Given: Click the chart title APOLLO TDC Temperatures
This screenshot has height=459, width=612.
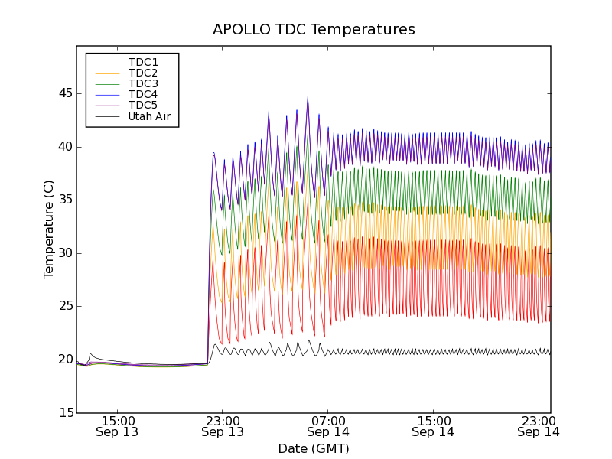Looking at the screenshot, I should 314,30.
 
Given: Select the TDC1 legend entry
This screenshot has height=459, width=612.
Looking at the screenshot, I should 143,62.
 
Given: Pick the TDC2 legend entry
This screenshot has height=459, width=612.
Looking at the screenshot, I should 143,73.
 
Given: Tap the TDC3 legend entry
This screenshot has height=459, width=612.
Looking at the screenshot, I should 143,83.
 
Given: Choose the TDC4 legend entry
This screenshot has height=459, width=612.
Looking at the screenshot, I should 143,95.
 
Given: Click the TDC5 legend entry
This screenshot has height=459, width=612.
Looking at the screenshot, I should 143,106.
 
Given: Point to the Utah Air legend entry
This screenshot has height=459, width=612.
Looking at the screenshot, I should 149,117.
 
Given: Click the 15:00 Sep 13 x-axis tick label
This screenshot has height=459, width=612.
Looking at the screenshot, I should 117,426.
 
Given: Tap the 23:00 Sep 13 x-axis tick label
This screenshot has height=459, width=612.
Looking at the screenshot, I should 223,426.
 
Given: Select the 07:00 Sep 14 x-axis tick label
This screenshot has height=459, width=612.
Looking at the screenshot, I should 328,426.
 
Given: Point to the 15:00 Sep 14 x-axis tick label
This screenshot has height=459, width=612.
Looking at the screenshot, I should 434,426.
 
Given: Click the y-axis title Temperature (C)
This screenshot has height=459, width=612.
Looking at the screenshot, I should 49,229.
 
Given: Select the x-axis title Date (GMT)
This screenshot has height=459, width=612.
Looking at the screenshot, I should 314,448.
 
